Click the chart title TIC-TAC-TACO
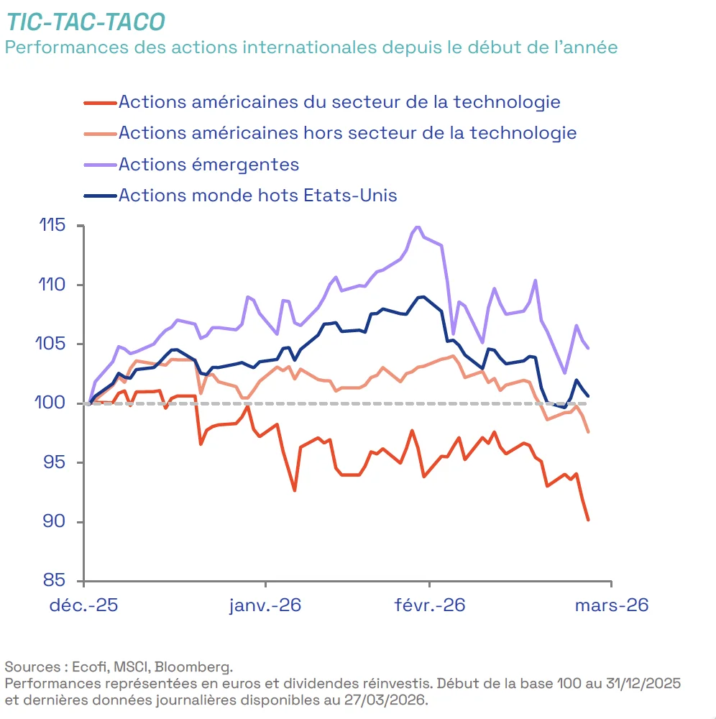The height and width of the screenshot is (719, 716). point(86,22)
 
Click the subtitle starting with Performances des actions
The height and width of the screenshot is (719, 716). point(311,47)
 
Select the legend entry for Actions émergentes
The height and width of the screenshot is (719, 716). point(208,164)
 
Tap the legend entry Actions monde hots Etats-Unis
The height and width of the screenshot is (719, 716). point(257,195)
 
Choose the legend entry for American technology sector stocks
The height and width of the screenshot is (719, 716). point(339,101)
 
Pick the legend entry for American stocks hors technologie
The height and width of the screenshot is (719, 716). point(347,133)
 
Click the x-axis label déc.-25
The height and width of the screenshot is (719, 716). point(83,605)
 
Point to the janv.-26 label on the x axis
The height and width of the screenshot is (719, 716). point(265,605)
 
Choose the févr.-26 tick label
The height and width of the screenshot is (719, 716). point(430,605)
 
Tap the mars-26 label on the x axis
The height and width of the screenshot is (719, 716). point(611,605)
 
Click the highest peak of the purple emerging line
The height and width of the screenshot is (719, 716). point(418,226)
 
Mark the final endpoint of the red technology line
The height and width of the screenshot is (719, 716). point(588,520)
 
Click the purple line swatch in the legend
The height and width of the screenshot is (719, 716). point(99,165)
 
